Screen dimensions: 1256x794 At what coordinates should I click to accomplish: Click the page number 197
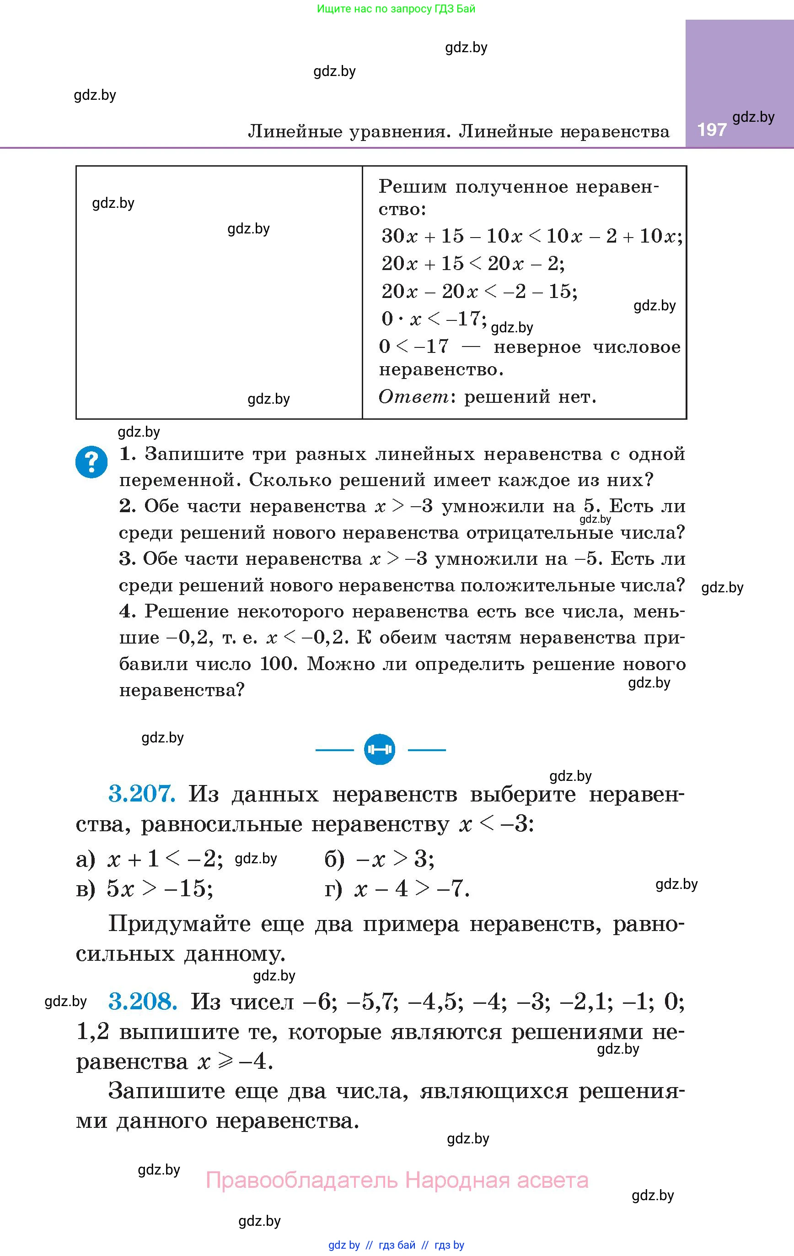[712, 130]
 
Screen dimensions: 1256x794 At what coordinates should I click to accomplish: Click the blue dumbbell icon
[380, 750]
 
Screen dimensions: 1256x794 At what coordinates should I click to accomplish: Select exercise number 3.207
[142, 794]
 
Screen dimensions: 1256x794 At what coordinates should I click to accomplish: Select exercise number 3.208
[143, 1001]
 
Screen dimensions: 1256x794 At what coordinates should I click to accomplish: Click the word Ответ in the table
[413, 397]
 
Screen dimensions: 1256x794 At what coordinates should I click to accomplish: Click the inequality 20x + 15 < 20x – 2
[473, 263]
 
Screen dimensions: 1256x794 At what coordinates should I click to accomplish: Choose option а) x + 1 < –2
[150, 859]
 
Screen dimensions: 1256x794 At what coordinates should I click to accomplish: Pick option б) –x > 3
[380, 859]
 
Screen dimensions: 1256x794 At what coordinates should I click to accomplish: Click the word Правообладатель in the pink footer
[302, 1180]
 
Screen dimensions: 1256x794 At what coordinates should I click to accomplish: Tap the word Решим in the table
[413, 186]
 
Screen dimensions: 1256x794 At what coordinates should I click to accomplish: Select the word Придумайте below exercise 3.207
[179, 924]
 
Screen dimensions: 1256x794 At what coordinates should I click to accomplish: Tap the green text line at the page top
[396, 9]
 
